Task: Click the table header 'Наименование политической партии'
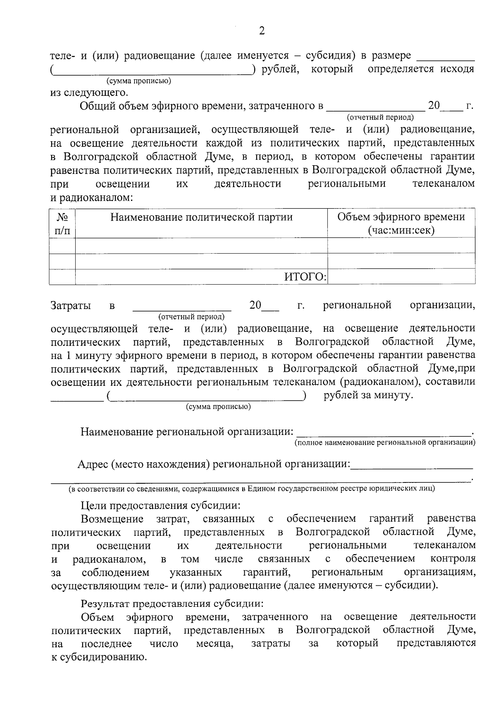(201, 217)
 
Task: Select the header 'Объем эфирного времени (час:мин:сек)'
(401, 223)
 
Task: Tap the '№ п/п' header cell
(62, 223)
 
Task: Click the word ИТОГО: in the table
(305, 277)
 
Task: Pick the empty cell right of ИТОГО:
(401, 277)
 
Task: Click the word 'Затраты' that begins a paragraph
(71, 306)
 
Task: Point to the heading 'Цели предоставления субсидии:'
(160, 505)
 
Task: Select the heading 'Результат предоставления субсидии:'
(172, 604)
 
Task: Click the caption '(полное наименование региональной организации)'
(384, 443)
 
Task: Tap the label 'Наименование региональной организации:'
(187, 432)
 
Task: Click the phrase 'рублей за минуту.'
(368, 395)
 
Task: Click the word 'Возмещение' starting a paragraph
(112, 518)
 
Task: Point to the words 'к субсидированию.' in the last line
(99, 657)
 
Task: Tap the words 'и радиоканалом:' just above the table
(92, 197)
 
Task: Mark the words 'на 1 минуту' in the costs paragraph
(81, 355)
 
